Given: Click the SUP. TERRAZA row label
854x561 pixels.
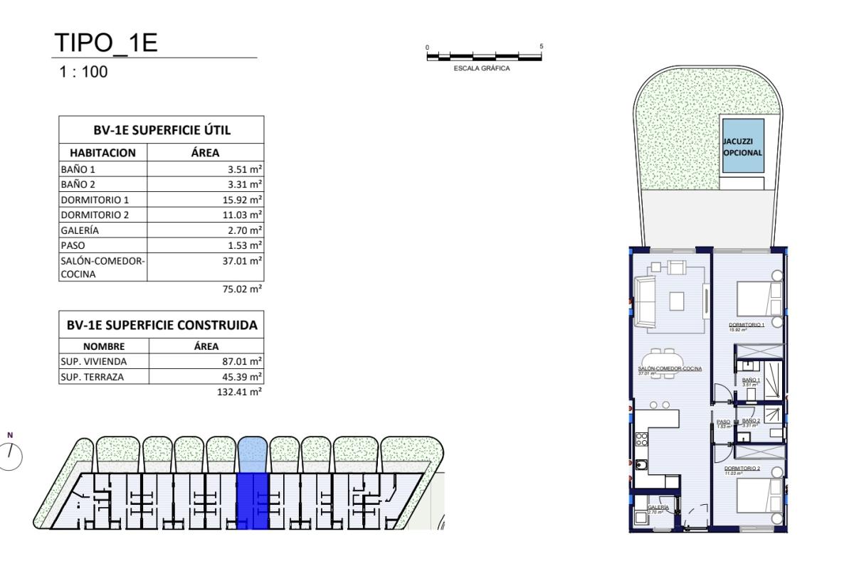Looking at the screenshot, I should [x=90, y=377].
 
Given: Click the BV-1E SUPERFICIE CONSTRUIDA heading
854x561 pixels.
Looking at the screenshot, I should [x=162, y=325].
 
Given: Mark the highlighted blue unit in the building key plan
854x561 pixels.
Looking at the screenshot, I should [x=252, y=498].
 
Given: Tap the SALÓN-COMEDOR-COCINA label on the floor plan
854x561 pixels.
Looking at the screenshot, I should [x=670, y=368].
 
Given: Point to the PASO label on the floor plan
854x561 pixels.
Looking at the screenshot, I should [x=723, y=421].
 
